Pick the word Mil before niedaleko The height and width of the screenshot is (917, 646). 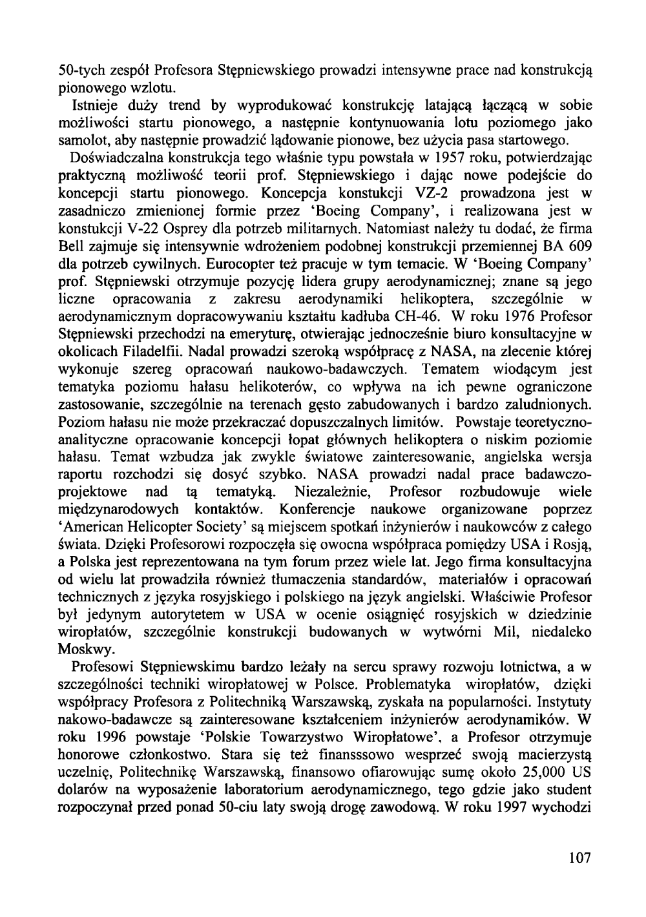click(503, 631)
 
